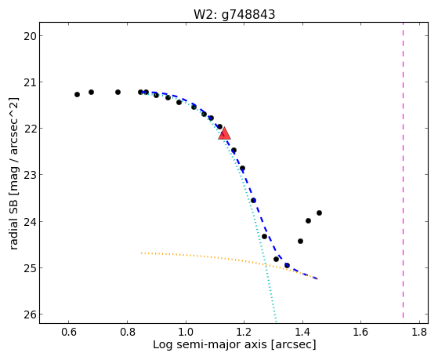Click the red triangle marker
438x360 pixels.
click(x=224, y=133)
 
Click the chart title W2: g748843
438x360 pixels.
click(x=234, y=14)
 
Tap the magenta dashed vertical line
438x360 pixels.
click(x=403, y=170)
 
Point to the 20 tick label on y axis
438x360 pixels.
click(x=29, y=36)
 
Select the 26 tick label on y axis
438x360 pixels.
click(x=29, y=315)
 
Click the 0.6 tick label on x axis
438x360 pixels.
click(x=69, y=332)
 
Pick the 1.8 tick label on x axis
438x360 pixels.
click(x=419, y=332)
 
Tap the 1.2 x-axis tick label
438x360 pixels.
click(x=244, y=332)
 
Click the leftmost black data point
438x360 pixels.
click(x=77, y=95)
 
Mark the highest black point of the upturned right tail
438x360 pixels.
click(x=319, y=213)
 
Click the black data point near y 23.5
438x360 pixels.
click(x=253, y=200)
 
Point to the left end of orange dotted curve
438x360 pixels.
click(x=142, y=253)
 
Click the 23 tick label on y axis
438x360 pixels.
click(x=29, y=175)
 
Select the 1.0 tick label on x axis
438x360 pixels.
click(x=186, y=332)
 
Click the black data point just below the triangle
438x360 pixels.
click(x=233, y=151)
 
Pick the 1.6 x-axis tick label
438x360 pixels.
click(x=361, y=332)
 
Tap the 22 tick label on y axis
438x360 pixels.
click(x=29, y=129)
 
